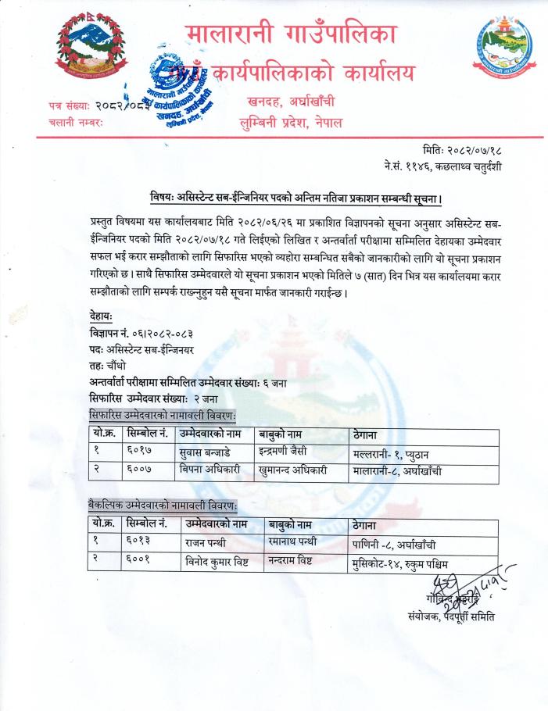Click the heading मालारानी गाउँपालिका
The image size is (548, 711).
click(292, 35)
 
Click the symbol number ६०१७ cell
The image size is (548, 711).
click(140, 452)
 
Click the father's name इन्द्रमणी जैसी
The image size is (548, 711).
click(292, 452)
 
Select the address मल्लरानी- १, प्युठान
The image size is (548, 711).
click(398, 452)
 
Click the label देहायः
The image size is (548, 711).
click(102, 316)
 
